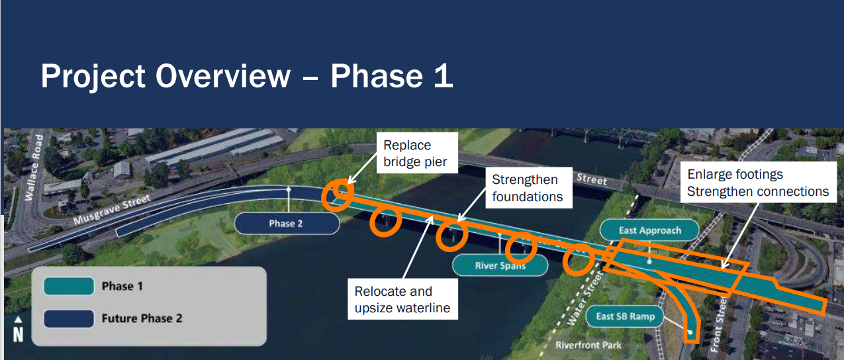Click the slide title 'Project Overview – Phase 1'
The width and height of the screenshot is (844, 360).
coord(247,76)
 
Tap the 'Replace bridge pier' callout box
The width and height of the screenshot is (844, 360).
coord(418,152)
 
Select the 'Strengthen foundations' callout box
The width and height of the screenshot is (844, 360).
coord(529,188)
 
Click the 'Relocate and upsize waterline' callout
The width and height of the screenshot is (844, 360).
coord(402,299)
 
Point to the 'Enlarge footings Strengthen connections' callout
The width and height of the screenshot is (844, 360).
coord(759,183)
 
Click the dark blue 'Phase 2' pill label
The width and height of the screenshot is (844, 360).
coord(287,223)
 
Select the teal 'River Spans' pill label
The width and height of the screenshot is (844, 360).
coord(500,265)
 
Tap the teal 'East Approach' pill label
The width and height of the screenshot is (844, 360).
coord(649,230)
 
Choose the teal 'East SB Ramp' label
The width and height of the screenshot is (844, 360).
coord(625,316)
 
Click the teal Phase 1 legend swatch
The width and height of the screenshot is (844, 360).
coord(69,286)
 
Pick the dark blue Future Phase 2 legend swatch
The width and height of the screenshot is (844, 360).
coord(69,318)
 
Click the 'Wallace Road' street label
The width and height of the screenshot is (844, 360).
coord(34,167)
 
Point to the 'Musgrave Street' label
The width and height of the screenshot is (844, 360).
coord(111,209)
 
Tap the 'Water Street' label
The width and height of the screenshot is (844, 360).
coord(585,298)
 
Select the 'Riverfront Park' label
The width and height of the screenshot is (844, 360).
coord(588,345)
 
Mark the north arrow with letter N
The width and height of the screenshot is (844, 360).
coord(18,330)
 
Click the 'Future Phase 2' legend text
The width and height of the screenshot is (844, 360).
coord(142,318)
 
